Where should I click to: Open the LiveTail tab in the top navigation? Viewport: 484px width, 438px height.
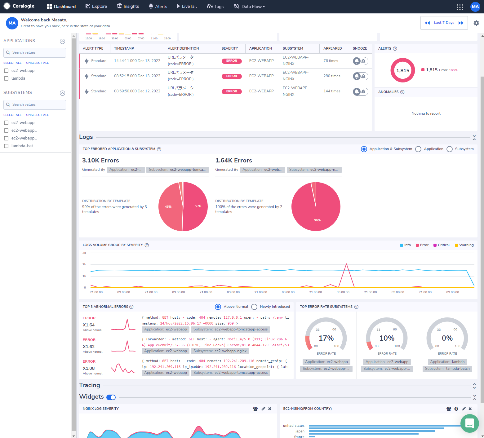pyautogui.click(x=187, y=7)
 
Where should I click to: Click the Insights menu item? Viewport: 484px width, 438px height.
pyautogui.click(x=128, y=7)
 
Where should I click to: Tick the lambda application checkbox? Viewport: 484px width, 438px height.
pyautogui.click(x=6, y=78)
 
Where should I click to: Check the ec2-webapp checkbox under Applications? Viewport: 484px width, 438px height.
pyautogui.click(x=6, y=71)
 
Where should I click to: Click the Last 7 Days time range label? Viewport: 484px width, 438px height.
pyautogui.click(x=444, y=23)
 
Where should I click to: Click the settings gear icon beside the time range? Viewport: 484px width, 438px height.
pyautogui.click(x=476, y=23)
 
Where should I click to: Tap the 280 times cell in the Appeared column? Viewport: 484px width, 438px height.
pyautogui.click(x=332, y=76)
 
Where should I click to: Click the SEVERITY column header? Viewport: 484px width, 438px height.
pyautogui.click(x=230, y=48)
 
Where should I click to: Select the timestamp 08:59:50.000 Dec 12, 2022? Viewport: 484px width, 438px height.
pyautogui.click(x=137, y=91)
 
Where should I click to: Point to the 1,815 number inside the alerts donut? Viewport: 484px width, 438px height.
pyautogui.click(x=402, y=70)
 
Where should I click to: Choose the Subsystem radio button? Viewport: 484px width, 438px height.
pyautogui.click(x=450, y=149)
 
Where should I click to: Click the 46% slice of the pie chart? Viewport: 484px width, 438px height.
pyautogui.click(x=169, y=207)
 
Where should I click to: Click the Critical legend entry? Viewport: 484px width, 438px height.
pyautogui.click(x=442, y=245)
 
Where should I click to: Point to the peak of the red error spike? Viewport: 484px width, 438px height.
pyautogui.click(x=346, y=264)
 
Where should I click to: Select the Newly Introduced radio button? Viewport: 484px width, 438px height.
pyautogui.click(x=255, y=307)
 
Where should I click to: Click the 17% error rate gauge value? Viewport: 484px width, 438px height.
pyautogui.click(x=326, y=338)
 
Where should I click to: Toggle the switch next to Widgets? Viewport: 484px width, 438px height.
pyautogui.click(x=111, y=397)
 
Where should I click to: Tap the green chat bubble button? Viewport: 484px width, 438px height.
pyautogui.click(x=470, y=423)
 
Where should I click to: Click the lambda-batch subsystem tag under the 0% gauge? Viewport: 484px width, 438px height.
pyautogui.click(x=447, y=369)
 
